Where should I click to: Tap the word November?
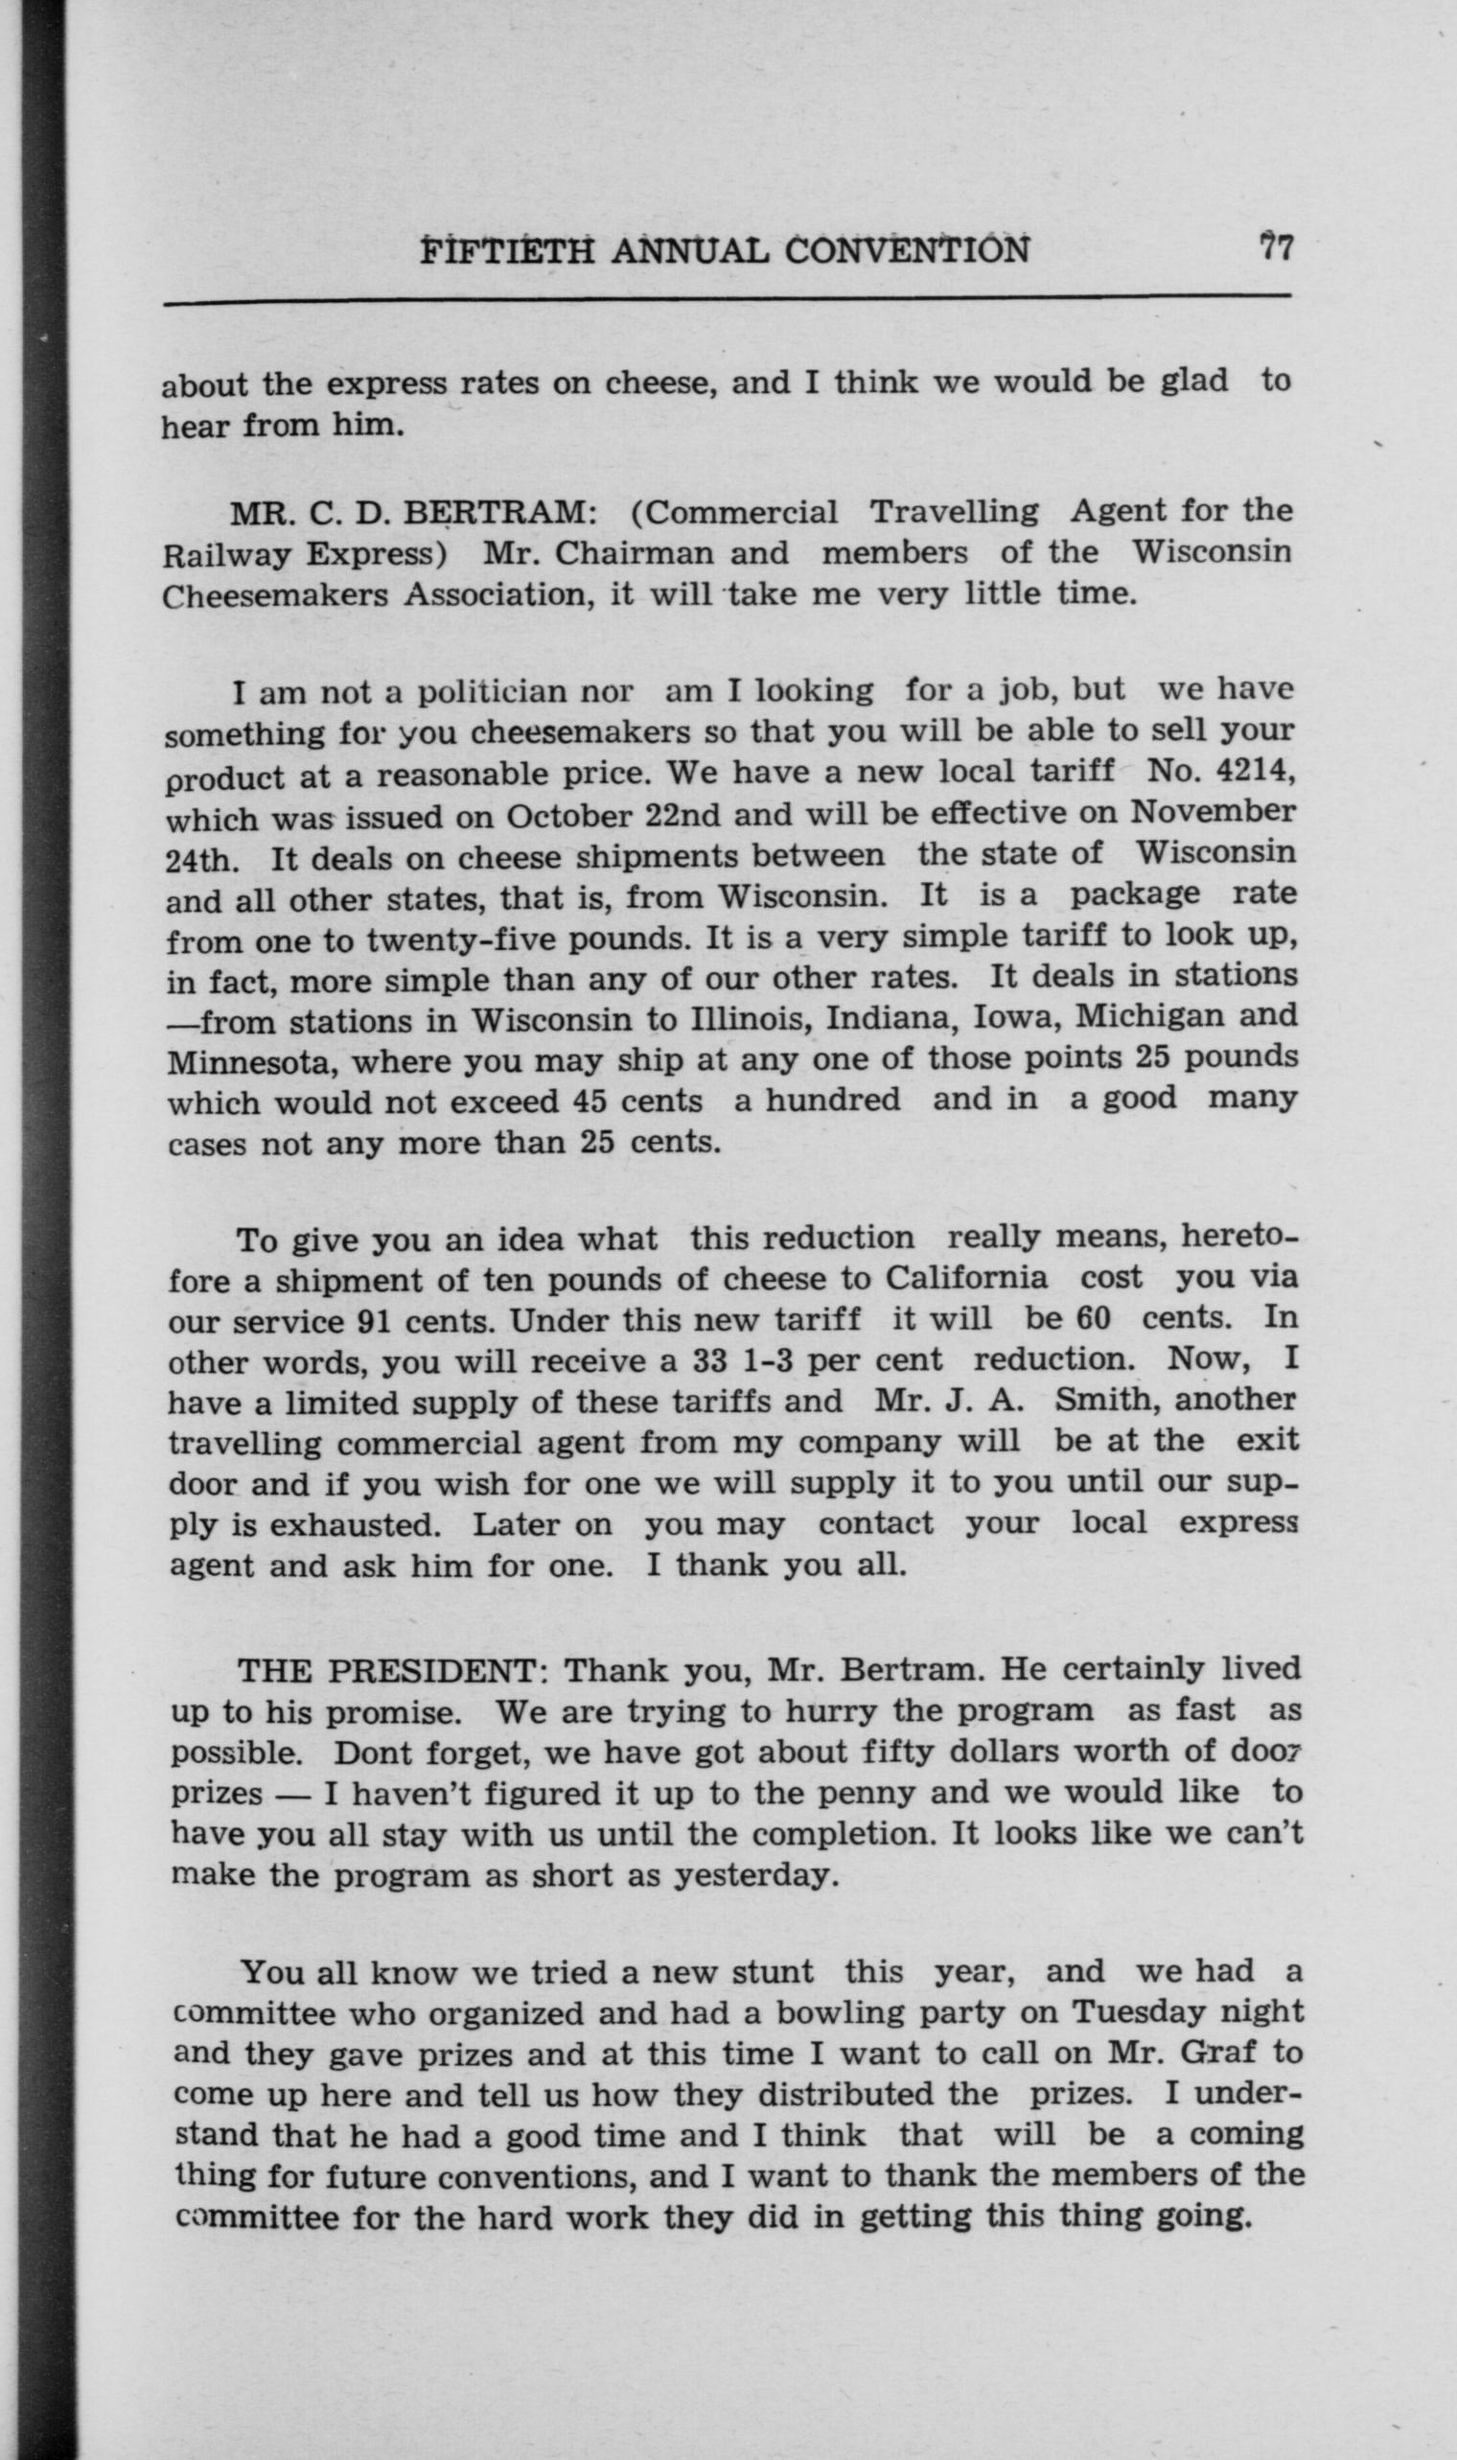tap(1212, 812)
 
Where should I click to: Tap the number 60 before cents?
tap(1093, 1317)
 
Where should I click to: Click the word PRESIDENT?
tap(436, 1670)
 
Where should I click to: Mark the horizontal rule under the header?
tap(727, 298)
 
